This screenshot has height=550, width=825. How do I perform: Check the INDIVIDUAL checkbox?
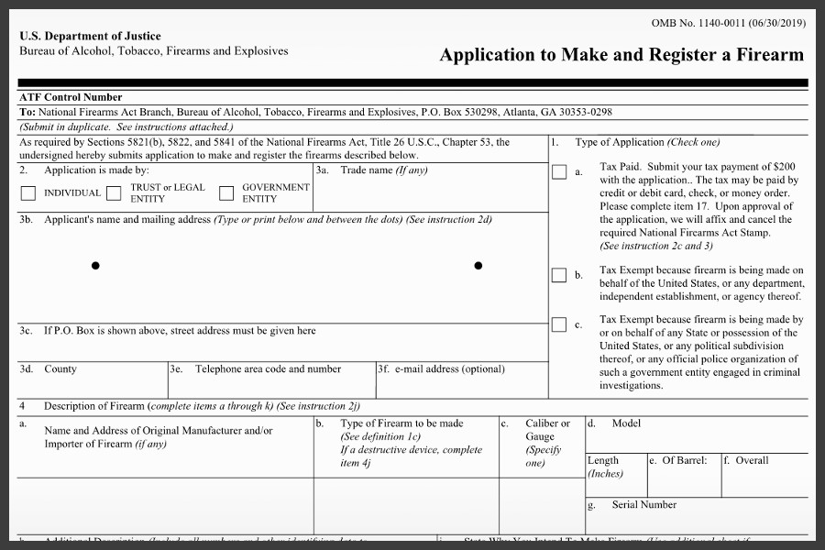click(28, 193)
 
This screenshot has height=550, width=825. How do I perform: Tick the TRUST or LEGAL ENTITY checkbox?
click(114, 193)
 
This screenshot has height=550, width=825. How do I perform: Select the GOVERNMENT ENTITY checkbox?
click(226, 193)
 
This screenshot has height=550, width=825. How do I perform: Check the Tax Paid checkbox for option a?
click(559, 172)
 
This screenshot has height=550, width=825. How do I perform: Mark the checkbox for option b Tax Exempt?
click(559, 276)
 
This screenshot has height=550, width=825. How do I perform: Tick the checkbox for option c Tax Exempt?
click(559, 324)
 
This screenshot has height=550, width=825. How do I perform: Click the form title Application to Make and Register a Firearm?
click(621, 54)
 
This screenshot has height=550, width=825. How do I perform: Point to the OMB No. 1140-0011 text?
click(730, 22)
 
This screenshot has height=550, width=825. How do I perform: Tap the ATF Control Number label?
click(71, 97)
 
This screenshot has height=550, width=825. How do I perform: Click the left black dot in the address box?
click(95, 266)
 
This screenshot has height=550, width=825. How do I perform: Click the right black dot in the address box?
click(478, 266)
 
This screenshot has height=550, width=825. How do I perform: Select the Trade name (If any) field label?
click(383, 170)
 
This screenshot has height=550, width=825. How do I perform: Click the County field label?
click(60, 369)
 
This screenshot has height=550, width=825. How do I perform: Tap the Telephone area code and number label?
click(268, 369)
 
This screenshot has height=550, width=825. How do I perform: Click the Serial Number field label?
click(644, 505)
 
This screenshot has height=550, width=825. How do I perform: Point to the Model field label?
click(626, 423)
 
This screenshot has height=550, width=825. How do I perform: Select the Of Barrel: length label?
click(684, 460)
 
